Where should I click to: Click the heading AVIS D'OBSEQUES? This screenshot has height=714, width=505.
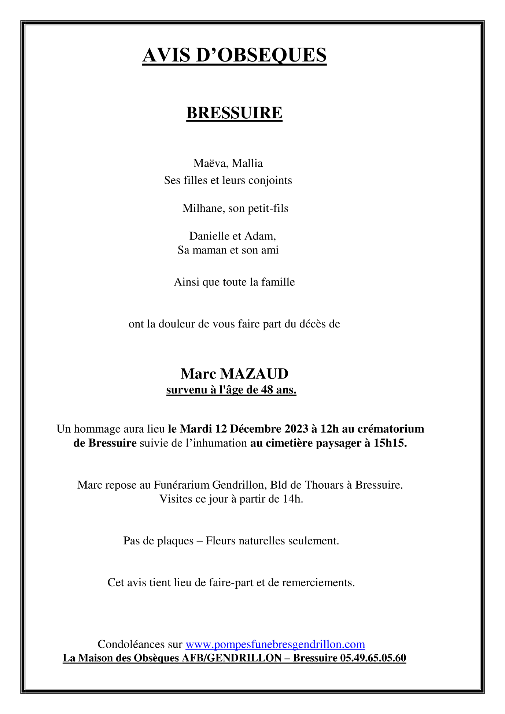[x=234, y=55]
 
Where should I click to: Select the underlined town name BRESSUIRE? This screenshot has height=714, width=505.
[x=234, y=113]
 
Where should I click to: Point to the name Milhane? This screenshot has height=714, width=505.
[x=204, y=208]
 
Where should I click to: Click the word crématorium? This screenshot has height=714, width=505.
[x=391, y=429]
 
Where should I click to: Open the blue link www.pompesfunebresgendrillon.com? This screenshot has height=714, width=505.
[x=275, y=644]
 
